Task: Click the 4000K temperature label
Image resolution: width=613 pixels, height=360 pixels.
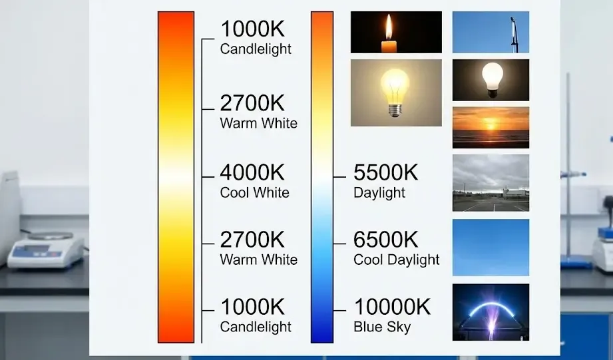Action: [252, 173]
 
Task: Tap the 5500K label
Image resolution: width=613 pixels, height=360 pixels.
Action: [385, 173]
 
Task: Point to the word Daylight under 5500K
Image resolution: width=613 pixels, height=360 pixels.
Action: [379, 192]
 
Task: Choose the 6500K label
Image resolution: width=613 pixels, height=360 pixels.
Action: [385, 240]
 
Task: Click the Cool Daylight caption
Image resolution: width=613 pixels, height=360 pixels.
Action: [397, 260]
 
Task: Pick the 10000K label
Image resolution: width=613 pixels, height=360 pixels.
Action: [392, 307]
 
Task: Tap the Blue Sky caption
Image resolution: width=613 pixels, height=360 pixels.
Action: [382, 327]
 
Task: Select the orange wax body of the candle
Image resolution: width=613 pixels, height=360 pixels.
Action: [389, 47]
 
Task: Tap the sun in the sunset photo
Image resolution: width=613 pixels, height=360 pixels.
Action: [491, 124]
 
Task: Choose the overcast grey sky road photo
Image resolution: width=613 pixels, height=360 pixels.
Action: [491, 183]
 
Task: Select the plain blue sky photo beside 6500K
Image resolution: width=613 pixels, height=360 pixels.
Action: [491, 247]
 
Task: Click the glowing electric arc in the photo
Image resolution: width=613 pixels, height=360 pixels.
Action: [491, 308]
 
